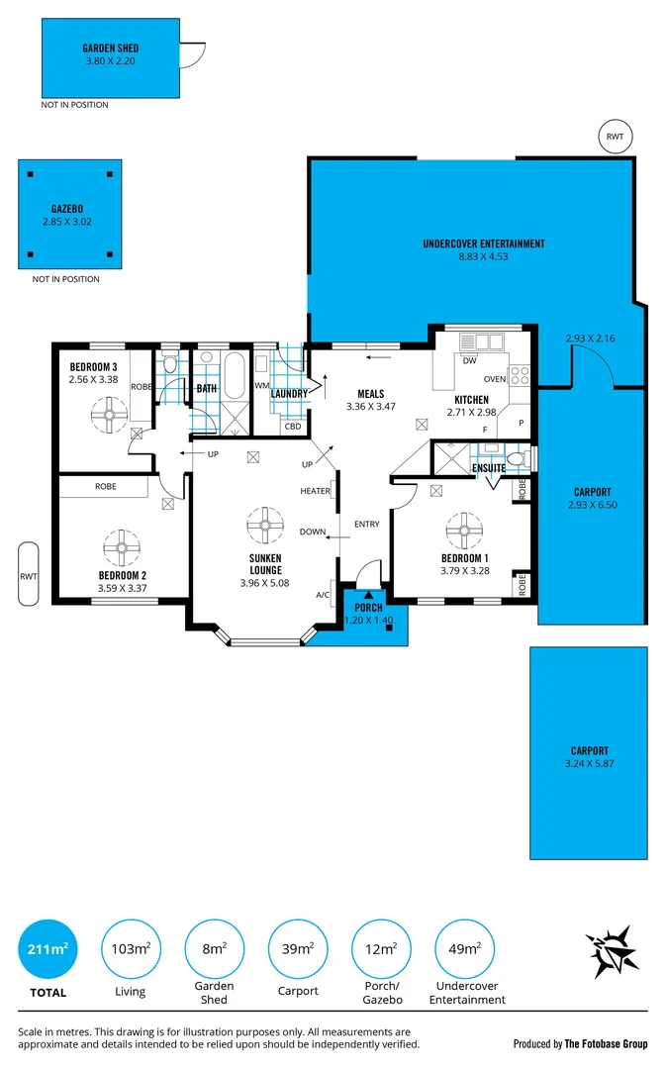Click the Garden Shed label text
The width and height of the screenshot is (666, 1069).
click(x=111, y=48)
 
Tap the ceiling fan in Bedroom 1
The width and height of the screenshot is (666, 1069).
click(x=462, y=530)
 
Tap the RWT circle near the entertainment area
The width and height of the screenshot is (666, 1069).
click(x=615, y=138)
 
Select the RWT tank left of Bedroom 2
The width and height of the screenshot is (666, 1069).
click(x=28, y=573)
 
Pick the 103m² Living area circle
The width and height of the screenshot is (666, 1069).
click(x=131, y=949)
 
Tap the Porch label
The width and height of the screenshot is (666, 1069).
click(x=368, y=608)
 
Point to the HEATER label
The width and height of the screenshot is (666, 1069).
click(x=315, y=491)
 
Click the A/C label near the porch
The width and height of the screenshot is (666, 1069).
click(x=323, y=595)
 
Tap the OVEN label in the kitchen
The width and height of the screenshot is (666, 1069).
click(x=494, y=379)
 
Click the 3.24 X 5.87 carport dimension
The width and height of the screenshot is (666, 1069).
click(x=589, y=763)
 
